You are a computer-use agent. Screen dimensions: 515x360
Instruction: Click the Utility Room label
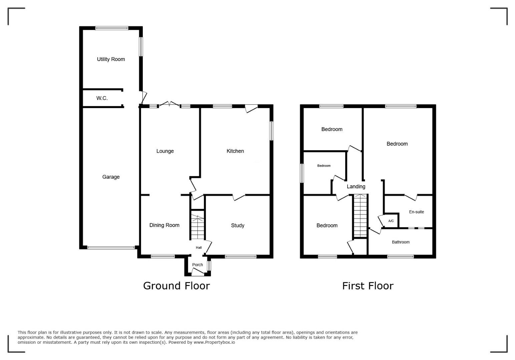coord(111,59)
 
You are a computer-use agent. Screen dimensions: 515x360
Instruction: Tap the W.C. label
coord(102,98)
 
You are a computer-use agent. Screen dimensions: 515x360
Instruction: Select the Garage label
coord(111,177)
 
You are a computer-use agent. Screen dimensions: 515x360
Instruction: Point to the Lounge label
coord(165,151)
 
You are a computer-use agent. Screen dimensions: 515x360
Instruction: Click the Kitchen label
coord(235,151)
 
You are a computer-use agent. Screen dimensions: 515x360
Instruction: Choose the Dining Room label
coord(164,225)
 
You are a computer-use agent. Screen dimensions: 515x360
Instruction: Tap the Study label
coord(237,226)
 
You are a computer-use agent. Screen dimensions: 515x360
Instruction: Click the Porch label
coord(197,265)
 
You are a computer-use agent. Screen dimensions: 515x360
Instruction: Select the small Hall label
coord(199,247)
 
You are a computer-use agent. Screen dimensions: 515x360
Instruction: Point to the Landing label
coord(356,187)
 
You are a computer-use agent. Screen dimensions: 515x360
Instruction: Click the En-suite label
coord(416,212)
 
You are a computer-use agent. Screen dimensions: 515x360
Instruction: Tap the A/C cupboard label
coord(391,221)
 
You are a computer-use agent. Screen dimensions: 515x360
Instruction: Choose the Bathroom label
coord(401,242)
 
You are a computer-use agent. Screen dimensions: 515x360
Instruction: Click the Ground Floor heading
coord(176,286)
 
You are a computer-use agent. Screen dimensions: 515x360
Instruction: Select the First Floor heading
coord(368,286)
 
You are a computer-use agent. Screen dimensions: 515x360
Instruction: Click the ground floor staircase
coord(197,227)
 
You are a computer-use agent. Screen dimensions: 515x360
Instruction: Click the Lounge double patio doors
coord(169,104)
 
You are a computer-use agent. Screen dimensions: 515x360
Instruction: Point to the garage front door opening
coord(111,247)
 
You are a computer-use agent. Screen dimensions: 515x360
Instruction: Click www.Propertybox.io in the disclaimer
coord(214,342)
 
